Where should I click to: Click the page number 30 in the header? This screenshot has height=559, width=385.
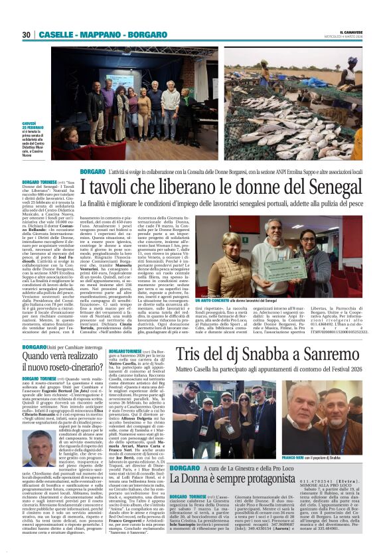pos(27,35)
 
